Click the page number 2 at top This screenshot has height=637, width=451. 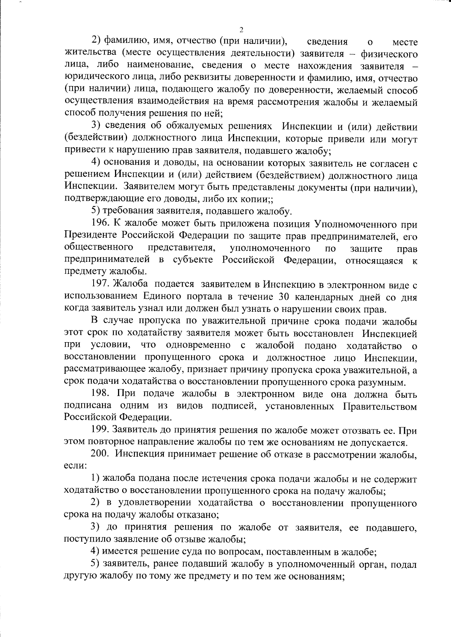(241, 31)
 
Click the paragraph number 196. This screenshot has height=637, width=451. (100, 224)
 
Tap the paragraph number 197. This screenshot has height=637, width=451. (100, 285)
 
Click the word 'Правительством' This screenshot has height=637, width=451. (380, 406)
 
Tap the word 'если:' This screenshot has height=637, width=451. (76, 466)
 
